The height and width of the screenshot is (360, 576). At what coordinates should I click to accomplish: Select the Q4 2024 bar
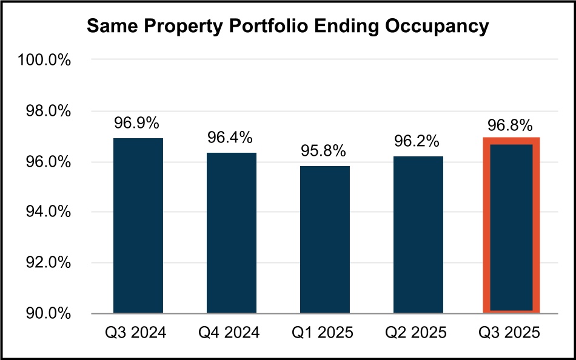point(232,233)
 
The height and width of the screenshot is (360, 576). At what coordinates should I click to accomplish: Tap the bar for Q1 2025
point(325,239)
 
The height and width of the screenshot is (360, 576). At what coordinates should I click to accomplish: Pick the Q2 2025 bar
point(418,235)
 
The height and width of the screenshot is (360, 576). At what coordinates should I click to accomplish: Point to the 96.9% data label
point(137,123)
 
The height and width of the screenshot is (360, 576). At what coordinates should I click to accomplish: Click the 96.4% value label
point(230,138)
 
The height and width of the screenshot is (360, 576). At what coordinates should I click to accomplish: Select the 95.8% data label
point(324,151)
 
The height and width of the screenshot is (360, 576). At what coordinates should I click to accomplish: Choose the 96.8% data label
point(511,125)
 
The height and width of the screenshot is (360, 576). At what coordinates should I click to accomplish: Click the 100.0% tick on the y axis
point(45,61)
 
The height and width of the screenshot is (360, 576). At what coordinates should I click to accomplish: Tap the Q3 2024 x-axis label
point(138,333)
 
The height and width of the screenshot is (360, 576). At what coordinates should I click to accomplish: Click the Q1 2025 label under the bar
point(324,333)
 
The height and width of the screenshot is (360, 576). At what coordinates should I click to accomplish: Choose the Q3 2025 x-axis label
point(511,333)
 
